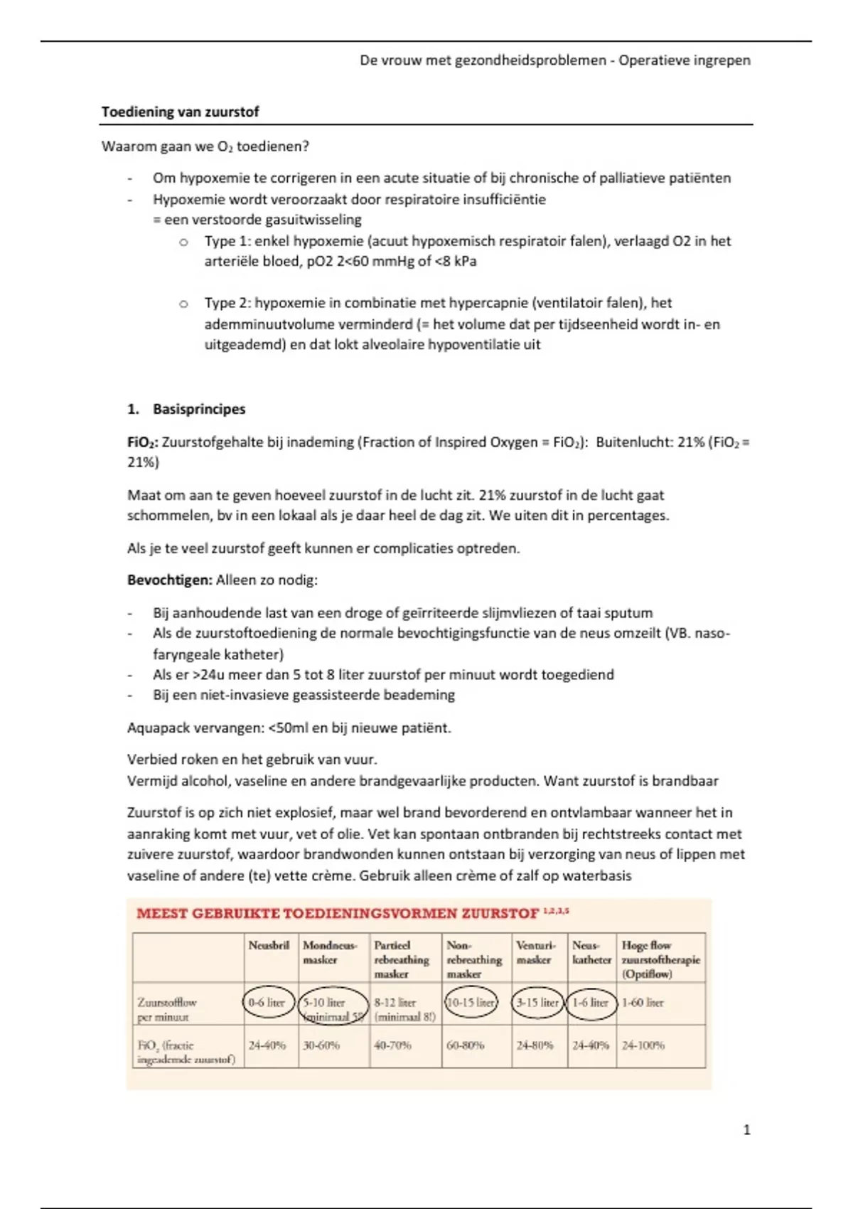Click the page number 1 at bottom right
click(x=746, y=1129)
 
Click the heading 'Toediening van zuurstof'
click(x=180, y=112)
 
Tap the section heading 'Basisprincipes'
click(x=199, y=409)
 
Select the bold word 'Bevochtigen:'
click(x=170, y=580)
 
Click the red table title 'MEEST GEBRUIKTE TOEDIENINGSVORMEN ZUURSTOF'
click(x=338, y=913)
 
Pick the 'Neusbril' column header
click(x=269, y=945)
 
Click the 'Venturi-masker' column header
click(x=535, y=952)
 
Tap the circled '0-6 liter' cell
click(x=267, y=1003)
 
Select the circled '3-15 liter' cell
click(x=537, y=1003)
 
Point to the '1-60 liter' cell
click(x=642, y=1003)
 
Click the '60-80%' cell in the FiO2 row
click(x=465, y=1045)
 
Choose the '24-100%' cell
click(x=643, y=1045)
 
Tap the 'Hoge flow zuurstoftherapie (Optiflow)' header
click(x=660, y=959)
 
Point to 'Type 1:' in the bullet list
click(x=227, y=241)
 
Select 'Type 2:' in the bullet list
click(x=227, y=303)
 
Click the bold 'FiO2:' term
click(x=143, y=442)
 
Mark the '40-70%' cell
click(x=392, y=1045)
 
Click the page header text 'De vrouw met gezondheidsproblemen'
click(x=483, y=60)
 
